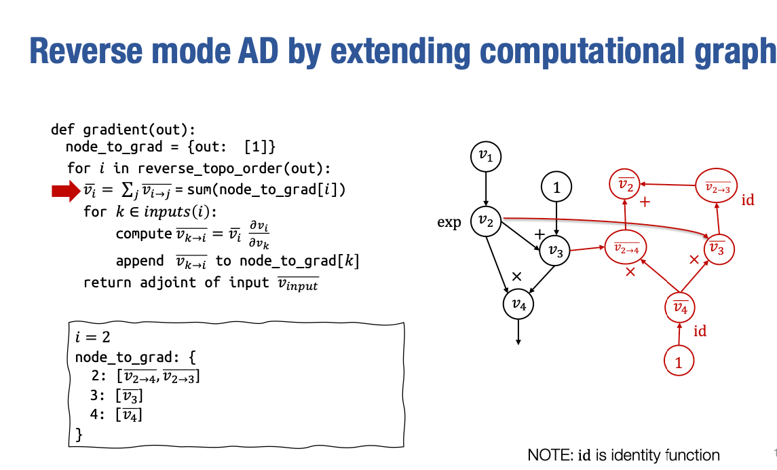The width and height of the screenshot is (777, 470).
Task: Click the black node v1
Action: pos(487,156)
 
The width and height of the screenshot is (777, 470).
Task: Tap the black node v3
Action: pos(556,252)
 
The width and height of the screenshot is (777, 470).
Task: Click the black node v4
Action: pos(519,304)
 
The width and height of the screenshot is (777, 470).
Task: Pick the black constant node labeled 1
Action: pos(556,187)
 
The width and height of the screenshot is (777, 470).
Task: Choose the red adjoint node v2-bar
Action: pos(625,184)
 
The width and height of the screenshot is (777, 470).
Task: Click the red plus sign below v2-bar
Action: pos(645,202)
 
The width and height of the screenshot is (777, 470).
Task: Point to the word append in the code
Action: pos(139,260)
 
